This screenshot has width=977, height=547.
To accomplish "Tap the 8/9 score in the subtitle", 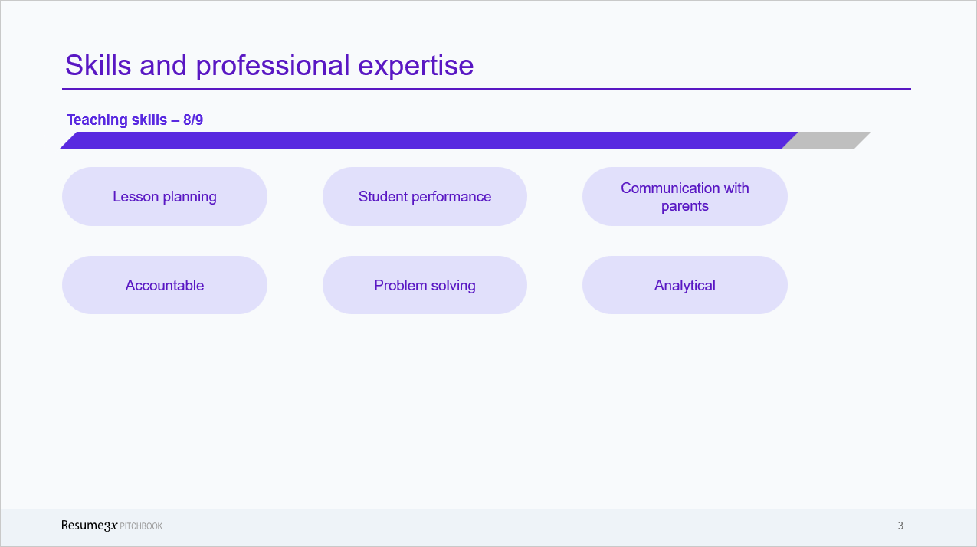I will [193, 120].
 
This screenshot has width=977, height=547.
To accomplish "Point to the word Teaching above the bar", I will [96, 120].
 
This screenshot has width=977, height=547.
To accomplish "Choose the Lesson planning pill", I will [165, 197].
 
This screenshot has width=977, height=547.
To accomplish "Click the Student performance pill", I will [425, 197].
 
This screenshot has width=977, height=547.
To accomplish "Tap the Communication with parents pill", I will [684, 197].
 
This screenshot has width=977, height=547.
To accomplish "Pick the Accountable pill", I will [165, 285].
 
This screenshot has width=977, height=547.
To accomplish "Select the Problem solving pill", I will [425, 285].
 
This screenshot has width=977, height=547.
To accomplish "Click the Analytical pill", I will [684, 285].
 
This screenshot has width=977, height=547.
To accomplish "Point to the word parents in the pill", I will [684, 206].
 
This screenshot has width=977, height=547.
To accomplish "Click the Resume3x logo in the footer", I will [89, 526].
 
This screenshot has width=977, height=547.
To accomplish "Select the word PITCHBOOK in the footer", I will [141, 526].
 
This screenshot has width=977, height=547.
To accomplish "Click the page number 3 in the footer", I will [900, 526].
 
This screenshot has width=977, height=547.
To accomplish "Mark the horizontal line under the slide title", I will [487, 89].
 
